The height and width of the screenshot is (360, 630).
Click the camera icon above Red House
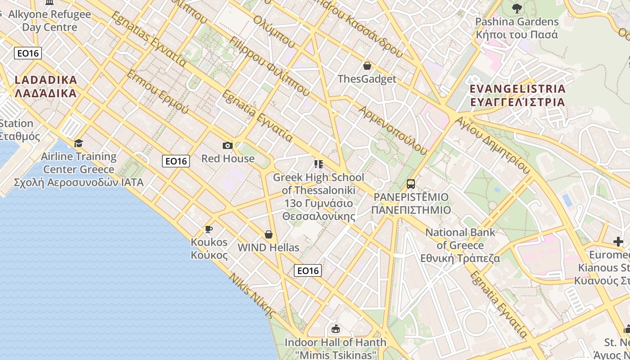point(228,145)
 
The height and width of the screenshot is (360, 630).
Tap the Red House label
point(228,158)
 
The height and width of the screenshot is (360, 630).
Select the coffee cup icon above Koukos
point(209,229)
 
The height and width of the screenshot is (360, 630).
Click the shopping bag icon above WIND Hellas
point(269,234)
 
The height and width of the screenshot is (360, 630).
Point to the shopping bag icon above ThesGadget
point(367,66)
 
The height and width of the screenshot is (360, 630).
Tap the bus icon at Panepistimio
point(411,184)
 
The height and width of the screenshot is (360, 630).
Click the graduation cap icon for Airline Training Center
point(79,143)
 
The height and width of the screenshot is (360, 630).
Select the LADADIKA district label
point(46,86)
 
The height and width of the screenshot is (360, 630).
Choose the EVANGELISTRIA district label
point(517,95)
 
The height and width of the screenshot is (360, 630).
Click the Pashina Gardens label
point(517,28)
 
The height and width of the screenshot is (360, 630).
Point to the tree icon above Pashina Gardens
point(517,8)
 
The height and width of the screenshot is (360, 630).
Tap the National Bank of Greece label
point(460,245)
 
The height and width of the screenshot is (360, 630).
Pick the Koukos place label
point(209,248)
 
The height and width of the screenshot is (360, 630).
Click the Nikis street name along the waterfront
point(252,295)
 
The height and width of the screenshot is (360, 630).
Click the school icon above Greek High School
point(319,164)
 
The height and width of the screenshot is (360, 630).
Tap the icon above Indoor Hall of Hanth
point(335,329)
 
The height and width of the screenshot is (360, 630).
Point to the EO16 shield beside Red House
point(176,161)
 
